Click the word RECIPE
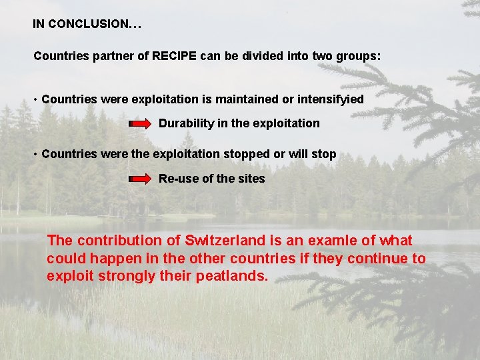174,56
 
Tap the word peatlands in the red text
233,276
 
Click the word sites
251,179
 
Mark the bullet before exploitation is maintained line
36,100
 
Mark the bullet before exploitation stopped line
36,155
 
